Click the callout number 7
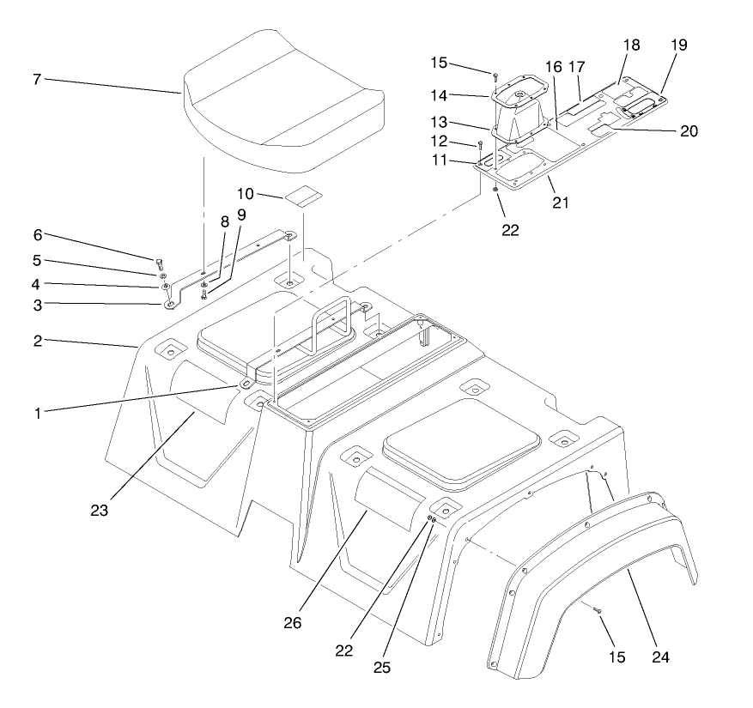tap(37, 80)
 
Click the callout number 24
tap(659, 658)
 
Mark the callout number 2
tap(37, 341)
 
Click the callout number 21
tap(562, 203)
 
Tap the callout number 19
tap(679, 45)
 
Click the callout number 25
tap(383, 666)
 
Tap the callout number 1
tap(37, 413)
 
